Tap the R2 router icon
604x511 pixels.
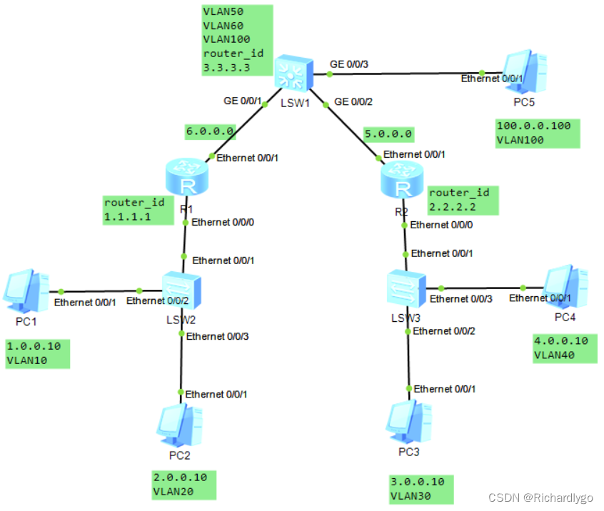tap(404, 178)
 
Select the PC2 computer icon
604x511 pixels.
tap(176, 425)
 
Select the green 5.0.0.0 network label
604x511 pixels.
tap(388, 133)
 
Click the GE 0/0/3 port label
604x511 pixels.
tap(349, 64)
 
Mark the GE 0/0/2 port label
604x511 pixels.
tap(353, 102)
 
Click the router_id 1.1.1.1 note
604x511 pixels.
tap(138, 209)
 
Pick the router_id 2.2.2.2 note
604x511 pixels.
tap(463, 200)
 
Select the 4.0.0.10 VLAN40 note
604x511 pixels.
tap(563, 348)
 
